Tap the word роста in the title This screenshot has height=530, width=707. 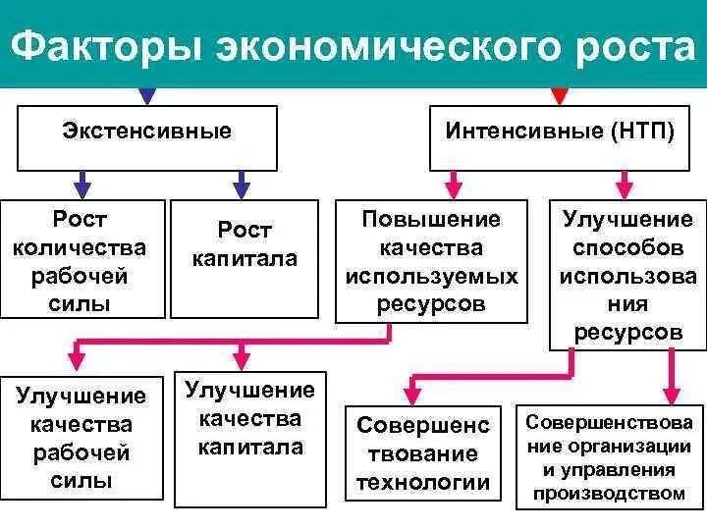coord(628,46)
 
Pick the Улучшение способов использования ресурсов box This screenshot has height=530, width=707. coord(626,275)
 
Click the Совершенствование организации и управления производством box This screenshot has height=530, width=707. coord(609,456)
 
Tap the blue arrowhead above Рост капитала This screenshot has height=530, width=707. coord(240,185)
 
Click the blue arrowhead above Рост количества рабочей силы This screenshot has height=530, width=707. coord(82,185)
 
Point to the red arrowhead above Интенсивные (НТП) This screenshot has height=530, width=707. coord(560,95)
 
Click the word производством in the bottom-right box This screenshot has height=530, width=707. coord(609,494)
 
